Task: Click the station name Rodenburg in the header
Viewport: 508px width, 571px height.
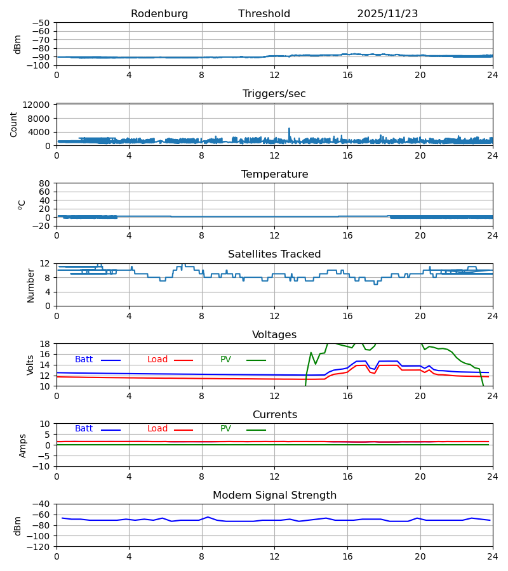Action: [159, 14]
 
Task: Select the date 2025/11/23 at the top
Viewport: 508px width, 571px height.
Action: [387, 14]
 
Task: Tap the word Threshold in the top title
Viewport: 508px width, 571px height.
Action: [264, 14]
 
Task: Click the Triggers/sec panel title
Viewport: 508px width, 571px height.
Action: [274, 94]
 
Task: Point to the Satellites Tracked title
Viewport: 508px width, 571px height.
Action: [274, 254]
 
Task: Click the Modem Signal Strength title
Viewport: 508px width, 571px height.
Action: [274, 496]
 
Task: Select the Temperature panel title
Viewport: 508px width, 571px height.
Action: [274, 174]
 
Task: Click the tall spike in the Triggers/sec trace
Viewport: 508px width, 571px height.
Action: [289, 129]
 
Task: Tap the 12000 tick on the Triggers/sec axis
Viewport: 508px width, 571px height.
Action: [41, 105]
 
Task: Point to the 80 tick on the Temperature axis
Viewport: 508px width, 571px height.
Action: [45, 183]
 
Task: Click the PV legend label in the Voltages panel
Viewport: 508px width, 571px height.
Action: [225, 360]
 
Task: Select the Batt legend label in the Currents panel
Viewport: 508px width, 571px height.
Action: [84, 429]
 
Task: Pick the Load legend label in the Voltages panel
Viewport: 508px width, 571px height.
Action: [157, 360]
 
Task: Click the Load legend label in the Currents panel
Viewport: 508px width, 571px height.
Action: [157, 429]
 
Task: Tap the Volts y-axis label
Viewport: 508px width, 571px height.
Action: [30, 365]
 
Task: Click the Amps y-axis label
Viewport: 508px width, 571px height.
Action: [23, 445]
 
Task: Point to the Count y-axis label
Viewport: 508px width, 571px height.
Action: [14, 124]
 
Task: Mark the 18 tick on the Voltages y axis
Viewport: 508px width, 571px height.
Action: [45, 344]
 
